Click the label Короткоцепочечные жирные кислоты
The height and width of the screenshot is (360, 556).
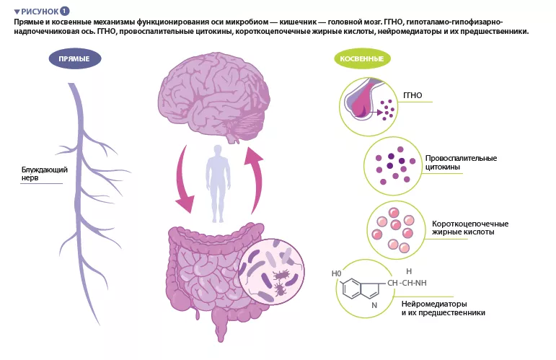click(x=469, y=228)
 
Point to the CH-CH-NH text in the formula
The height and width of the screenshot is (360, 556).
click(x=407, y=283)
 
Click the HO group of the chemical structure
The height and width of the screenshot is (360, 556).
click(x=335, y=274)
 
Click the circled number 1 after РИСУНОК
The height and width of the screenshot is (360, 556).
click(x=65, y=12)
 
